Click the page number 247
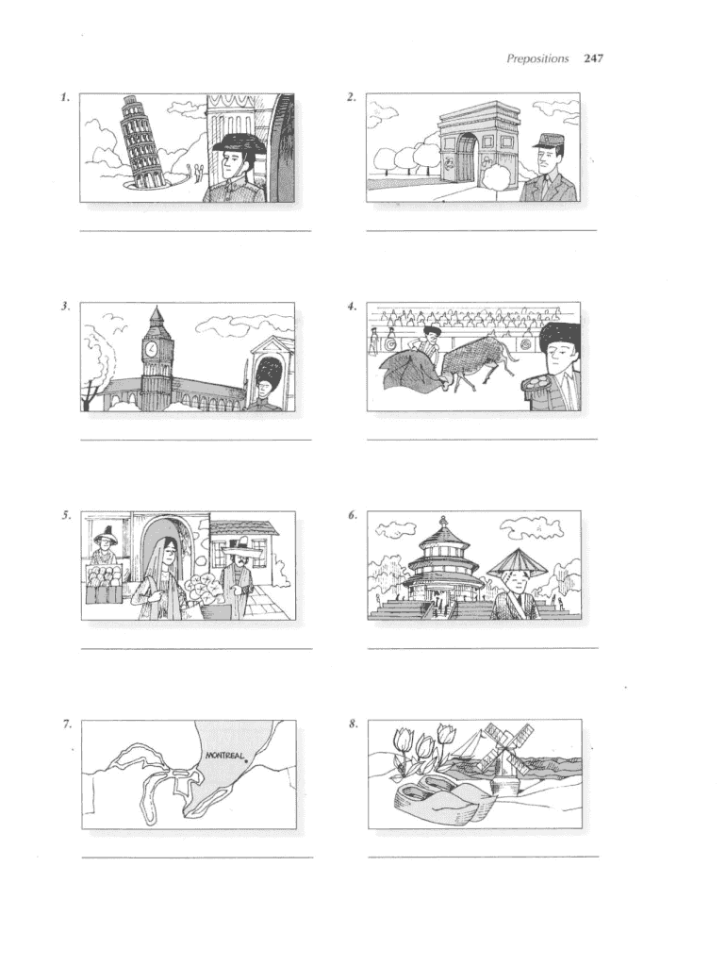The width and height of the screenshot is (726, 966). click(594, 58)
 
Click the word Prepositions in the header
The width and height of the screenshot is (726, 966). click(537, 59)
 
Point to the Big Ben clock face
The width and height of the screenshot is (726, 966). click(150, 350)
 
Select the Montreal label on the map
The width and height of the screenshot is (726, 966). click(224, 755)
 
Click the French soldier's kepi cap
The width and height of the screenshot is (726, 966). click(545, 141)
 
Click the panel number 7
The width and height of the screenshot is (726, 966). click(67, 724)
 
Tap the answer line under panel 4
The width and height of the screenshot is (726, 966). click(482, 440)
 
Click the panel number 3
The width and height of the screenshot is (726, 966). click(65, 307)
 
